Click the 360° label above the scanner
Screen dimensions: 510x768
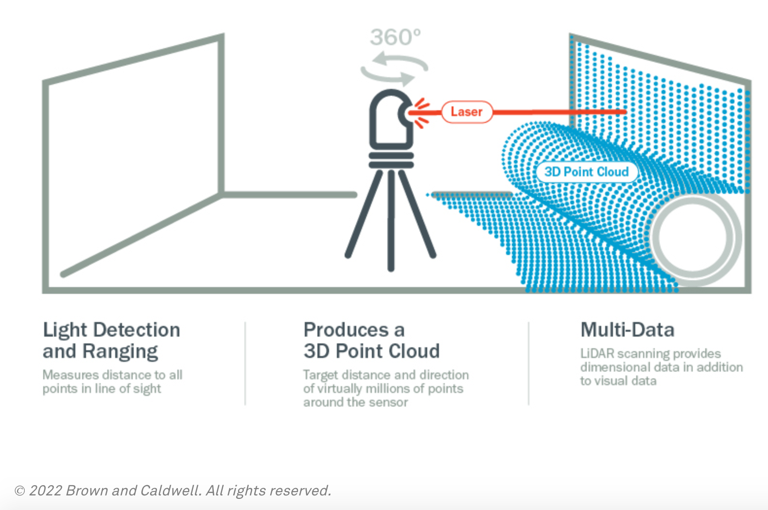[395, 37]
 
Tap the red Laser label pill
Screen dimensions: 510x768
[467, 112]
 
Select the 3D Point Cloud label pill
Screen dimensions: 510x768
[586, 172]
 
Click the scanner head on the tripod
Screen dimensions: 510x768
[389, 119]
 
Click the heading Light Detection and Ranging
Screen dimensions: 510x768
[111, 340]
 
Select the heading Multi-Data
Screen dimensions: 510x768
[627, 330]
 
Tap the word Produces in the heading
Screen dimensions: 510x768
[346, 330]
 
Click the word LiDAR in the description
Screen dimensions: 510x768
[597, 353]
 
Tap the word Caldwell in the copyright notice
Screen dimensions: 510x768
[170, 491]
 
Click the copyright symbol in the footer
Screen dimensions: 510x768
[20, 491]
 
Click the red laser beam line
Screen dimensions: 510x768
[559, 112]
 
